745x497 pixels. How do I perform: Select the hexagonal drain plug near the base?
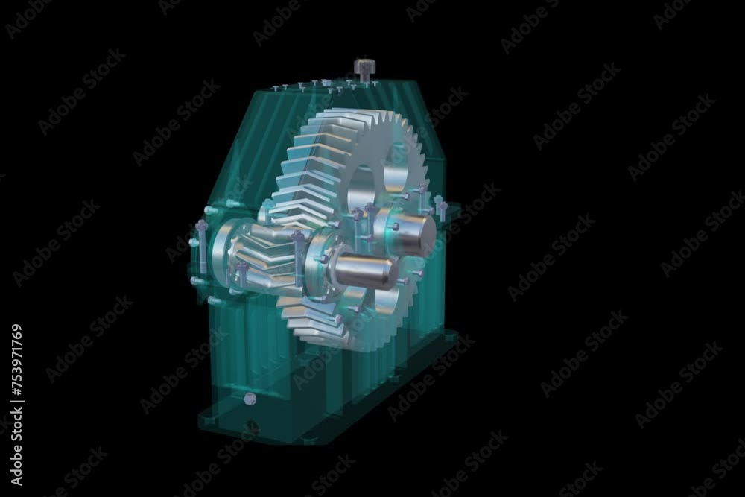[250, 399]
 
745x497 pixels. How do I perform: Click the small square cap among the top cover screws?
[323, 82]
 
